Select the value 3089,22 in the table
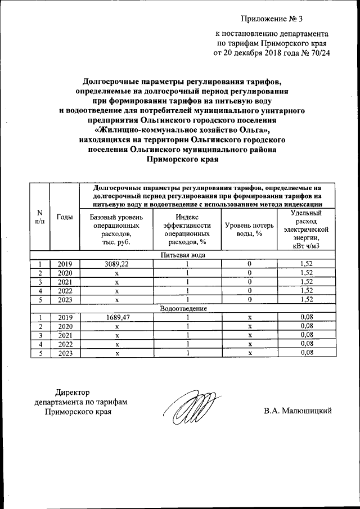[x=117, y=263]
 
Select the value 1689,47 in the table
[x=117, y=317]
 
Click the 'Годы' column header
[x=65, y=217]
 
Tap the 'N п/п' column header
[x=39, y=217]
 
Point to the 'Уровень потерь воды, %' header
[x=249, y=229]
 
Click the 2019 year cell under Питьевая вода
[x=65, y=263]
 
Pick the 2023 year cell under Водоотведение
[x=65, y=353]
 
